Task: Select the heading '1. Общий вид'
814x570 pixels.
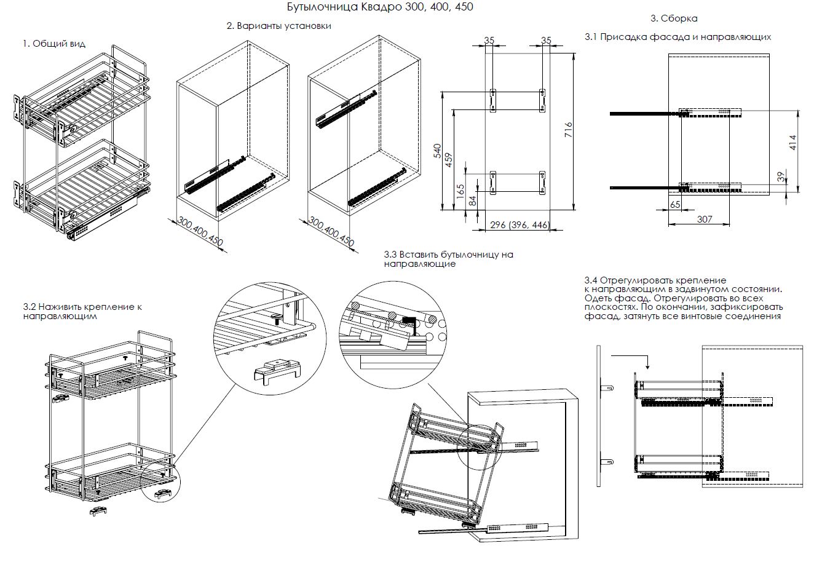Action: [x=54, y=44]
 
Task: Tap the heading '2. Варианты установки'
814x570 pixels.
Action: [x=279, y=26]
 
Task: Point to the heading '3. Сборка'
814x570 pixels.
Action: [x=674, y=18]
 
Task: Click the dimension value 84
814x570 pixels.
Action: [x=472, y=200]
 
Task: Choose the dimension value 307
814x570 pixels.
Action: [x=705, y=219]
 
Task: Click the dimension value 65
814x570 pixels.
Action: [x=675, y=205]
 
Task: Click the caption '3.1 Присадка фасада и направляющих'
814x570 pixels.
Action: [x=678, y=37]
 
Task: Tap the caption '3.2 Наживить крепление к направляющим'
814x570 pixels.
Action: [x=82, y=311]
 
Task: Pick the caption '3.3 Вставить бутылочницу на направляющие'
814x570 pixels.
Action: [x=448, y=259]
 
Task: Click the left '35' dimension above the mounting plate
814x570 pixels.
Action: [x=489, y=41]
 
